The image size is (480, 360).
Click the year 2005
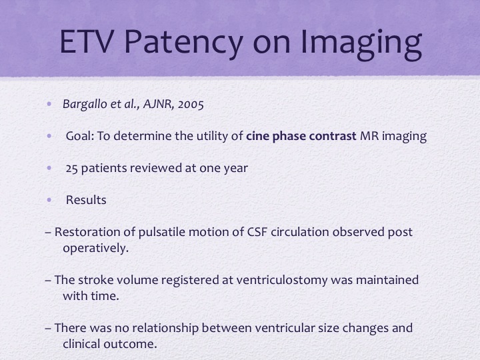tap(191, 105)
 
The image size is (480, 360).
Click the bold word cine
tap(258, 136)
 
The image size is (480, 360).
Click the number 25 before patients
tap(71, 169)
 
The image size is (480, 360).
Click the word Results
tap(86, 200)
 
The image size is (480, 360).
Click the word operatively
tap(96, 248)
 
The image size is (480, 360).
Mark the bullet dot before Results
tap(49, 200)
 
